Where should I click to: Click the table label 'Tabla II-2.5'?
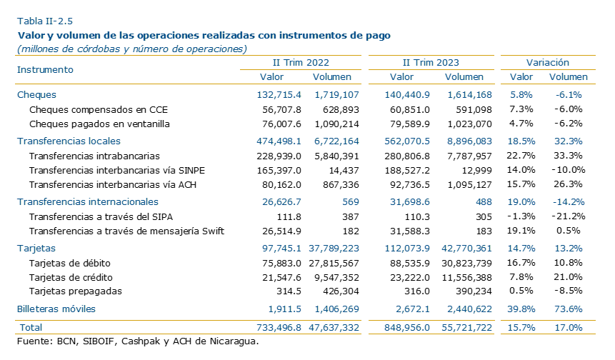pos(45,21)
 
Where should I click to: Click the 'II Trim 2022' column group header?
pos(301,63)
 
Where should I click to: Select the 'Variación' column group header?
pos(548,63)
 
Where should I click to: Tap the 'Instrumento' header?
pos(45,70)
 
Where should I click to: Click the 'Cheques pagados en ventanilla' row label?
pos(99,124)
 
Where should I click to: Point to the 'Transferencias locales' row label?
pos(69,141)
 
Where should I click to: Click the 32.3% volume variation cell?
pos(568,141)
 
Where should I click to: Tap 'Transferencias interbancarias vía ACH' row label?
pos(113,185)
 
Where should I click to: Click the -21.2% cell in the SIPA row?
pos(569,216)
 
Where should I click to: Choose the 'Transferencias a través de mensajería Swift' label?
pos(126,231)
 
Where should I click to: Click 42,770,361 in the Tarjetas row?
pos(466,249)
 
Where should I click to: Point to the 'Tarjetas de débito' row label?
pos(70,263)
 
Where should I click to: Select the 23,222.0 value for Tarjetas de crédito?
pos(410,278)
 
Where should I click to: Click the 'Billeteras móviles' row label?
pos(56,309)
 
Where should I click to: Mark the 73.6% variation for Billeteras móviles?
pos(568,309)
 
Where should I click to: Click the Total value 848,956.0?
pos(407,327)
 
